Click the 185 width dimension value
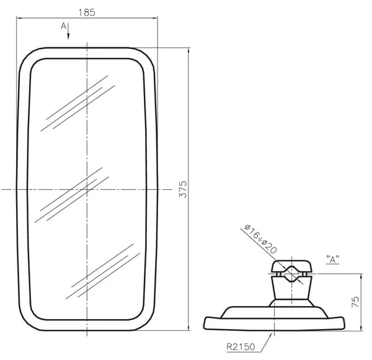click(x=87, y=12)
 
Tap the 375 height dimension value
click(x=183, y=189)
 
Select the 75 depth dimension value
click(x=355, y=302)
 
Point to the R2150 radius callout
click(x=241, y=347)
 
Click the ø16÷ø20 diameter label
click(x=260, y=238)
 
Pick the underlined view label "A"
click(x=332, y=259)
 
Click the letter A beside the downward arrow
click(x=63, y=26)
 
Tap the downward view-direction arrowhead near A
click(x=68, y=37)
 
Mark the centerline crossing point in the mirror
click(x=87, y=189)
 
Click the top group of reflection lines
click(x=78, y=103)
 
